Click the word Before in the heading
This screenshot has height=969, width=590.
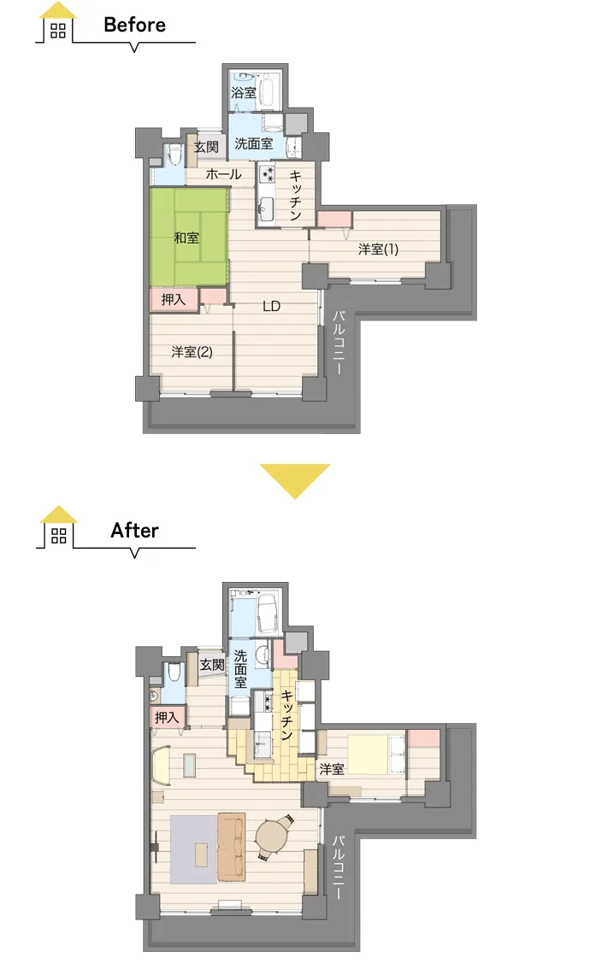[x=135, y=25]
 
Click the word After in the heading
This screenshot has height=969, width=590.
[x=134, y=531]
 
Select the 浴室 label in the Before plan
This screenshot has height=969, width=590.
[x=243, y=92]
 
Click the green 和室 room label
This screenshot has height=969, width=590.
[x=186, y=238]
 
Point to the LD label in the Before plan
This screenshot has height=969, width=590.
[x=272, y=306]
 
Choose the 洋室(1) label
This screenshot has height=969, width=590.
[x=378, y=249]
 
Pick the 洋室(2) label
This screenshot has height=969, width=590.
[x=192, y=352]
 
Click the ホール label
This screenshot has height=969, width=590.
[x=223, y=174]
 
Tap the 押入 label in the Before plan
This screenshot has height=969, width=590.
[x=174, y=300]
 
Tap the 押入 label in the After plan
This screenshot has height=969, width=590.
[x=167, y=718]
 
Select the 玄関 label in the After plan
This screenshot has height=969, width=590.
[x=211, y=665]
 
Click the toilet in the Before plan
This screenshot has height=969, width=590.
[x=174, y=154]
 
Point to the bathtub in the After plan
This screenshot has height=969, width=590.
[x=267, y=613]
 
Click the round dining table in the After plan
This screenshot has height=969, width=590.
[x=271, y=837]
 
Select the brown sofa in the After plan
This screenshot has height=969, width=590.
[x=232, y=846]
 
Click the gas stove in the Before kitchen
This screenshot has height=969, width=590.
[x=267, y=175]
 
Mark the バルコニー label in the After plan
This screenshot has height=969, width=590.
[x=338, y=866]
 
